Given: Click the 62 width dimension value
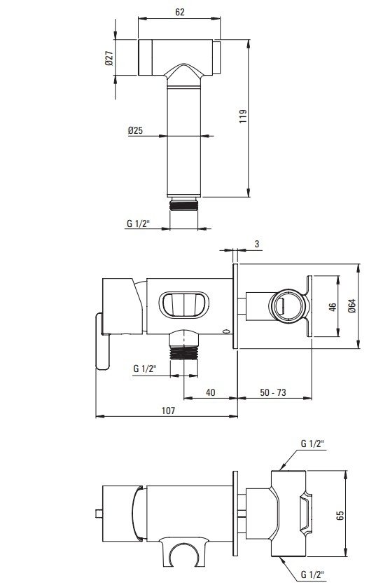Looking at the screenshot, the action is point(180,12).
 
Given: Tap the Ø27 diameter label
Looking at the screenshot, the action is point(109,58).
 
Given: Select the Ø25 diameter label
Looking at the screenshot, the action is point(135,130).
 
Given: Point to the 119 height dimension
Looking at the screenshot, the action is point(243,116).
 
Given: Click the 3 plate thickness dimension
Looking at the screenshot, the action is point(256,244).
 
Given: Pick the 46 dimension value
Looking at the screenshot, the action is point(333,306).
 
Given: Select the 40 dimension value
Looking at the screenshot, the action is point(210,392).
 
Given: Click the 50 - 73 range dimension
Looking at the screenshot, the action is point(273,392).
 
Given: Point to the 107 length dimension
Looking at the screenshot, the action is point(168,411).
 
